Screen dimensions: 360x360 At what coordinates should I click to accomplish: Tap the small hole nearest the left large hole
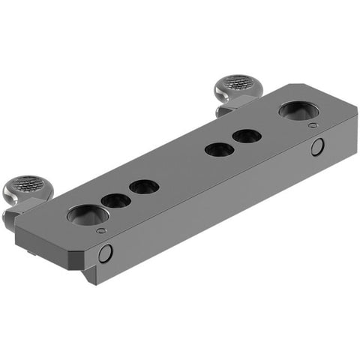coord(115,200)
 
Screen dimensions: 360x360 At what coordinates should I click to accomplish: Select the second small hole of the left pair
coord(142,186)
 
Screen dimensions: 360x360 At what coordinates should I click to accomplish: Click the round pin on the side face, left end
coord(106,253)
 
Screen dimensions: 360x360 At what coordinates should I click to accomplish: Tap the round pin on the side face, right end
coord(318,147)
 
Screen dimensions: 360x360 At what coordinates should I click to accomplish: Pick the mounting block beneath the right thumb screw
coord(225,110)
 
